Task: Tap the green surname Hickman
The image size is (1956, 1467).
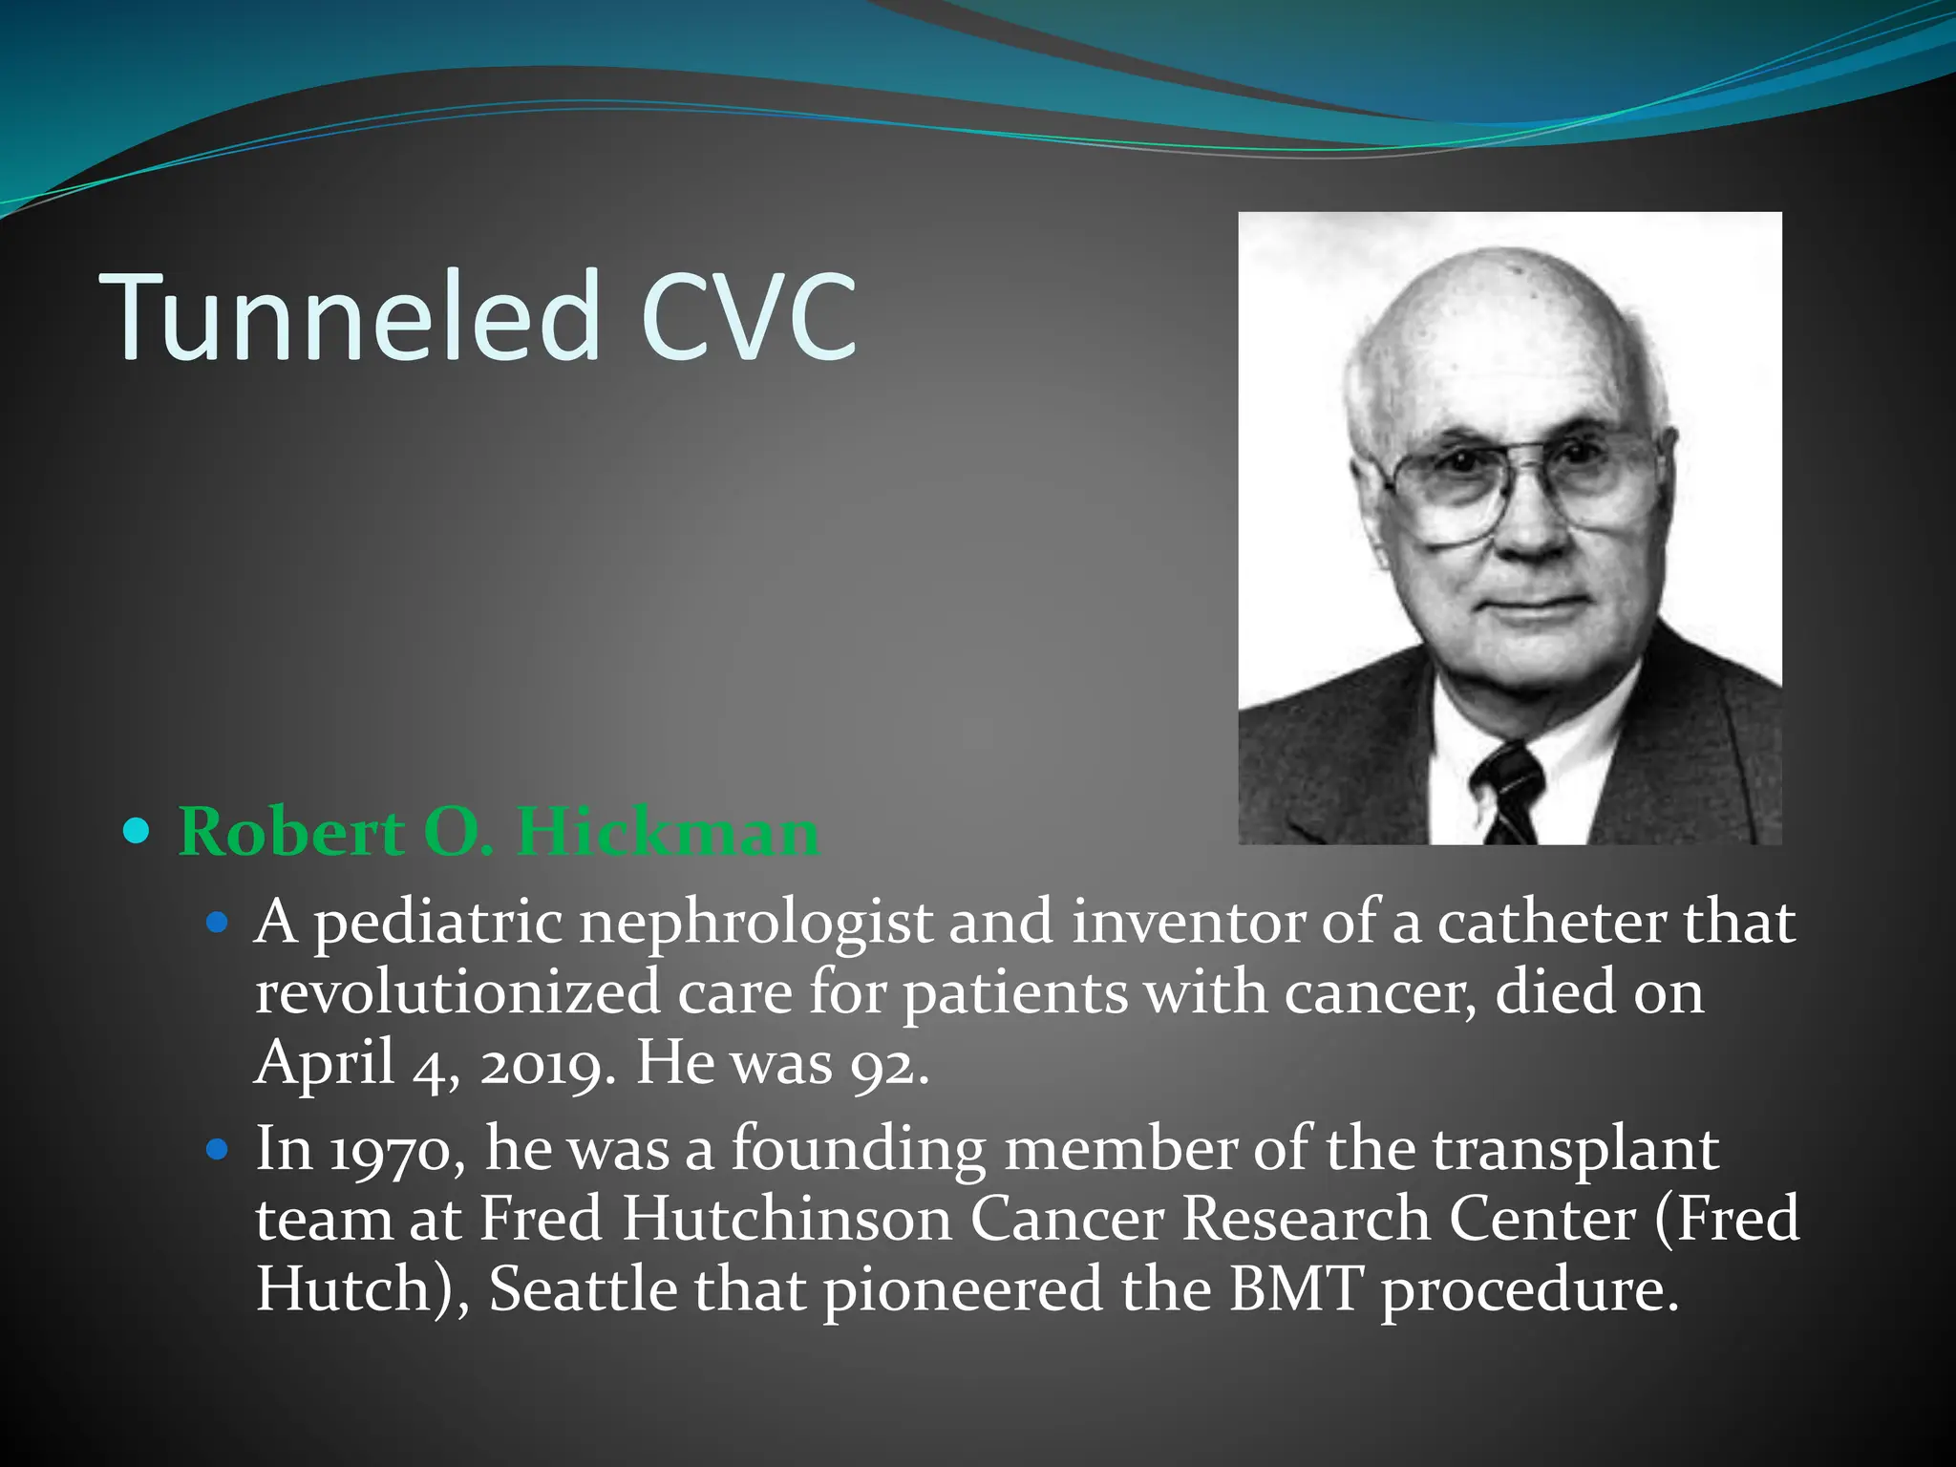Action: click(x=668, y=832)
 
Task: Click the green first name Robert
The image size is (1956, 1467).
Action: click(x=290, y=832)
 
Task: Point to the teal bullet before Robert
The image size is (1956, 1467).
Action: click(x=138, y=832)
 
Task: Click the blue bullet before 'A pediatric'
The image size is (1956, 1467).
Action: click(x=219, y=923)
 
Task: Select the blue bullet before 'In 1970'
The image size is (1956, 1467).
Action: click(x=219, y=1149)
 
